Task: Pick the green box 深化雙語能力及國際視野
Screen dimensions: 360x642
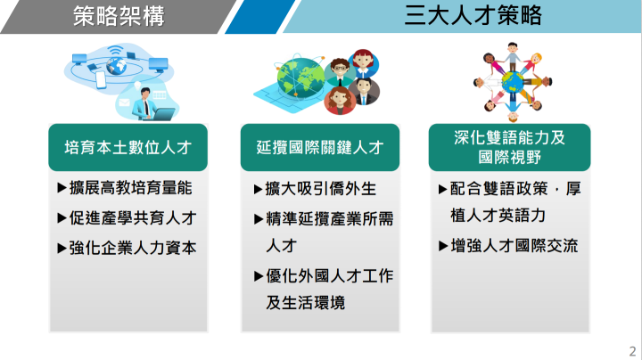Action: [x=510, y=147]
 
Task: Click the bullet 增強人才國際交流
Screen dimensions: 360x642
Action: [x=514, y=245]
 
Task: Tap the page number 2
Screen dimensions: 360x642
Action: [x=631, y=350]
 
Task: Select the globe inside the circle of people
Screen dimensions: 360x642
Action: [x=512, y=81]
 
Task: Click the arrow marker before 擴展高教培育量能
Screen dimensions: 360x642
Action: [x=62, y=189]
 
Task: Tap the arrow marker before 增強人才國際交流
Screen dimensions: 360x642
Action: [x=443, y=245]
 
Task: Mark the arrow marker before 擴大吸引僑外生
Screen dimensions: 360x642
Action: [x=259, y=189]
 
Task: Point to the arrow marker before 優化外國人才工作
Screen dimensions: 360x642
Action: [x=259, y=275]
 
